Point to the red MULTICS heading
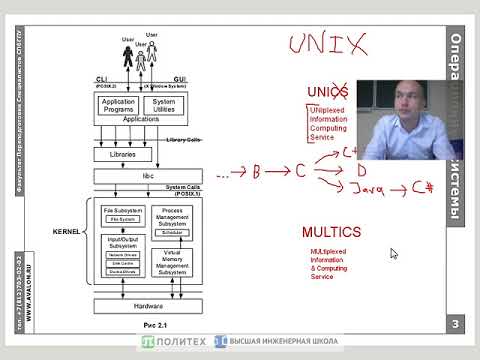point(331,232)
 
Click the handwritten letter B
point(256,173)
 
